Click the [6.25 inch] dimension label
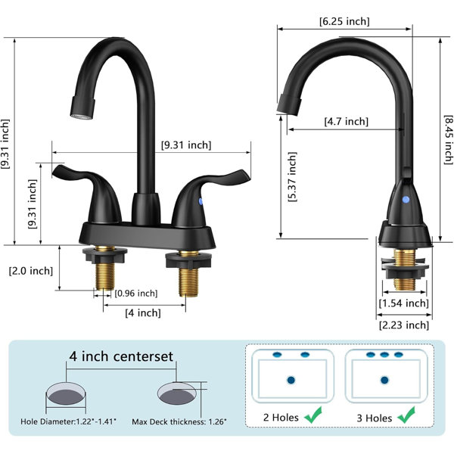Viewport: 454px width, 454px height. (x=344, y=21)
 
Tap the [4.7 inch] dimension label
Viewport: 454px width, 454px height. (x=347, y=121)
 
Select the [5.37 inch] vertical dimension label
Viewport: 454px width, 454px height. (x=292, y=176)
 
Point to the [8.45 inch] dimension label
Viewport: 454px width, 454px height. (x=448, y=139)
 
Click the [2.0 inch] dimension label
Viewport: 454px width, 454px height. (x=31, y=271)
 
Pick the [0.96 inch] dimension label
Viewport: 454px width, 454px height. (x=136, y=294)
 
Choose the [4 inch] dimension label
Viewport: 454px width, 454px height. (x=143, y=313)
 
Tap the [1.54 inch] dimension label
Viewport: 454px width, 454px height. (x=404, y=303)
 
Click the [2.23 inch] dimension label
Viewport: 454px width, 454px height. (x=404, y=325)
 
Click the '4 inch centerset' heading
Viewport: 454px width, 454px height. (x=121, y=356)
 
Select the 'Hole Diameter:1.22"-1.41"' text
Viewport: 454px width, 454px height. (x=68, y=421)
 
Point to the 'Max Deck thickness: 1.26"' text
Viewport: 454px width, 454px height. (x=179, y=421)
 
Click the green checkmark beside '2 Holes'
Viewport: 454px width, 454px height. (x=313, y=415)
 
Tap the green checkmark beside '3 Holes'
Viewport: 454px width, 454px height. (x=406, y=415)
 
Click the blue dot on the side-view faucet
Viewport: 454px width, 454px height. (x=406, y=200)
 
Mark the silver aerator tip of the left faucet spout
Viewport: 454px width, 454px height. (x=82, y=117)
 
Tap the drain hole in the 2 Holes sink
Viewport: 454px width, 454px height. (x=291, y=380)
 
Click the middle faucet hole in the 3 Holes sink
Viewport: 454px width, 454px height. (x=384, y=354)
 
